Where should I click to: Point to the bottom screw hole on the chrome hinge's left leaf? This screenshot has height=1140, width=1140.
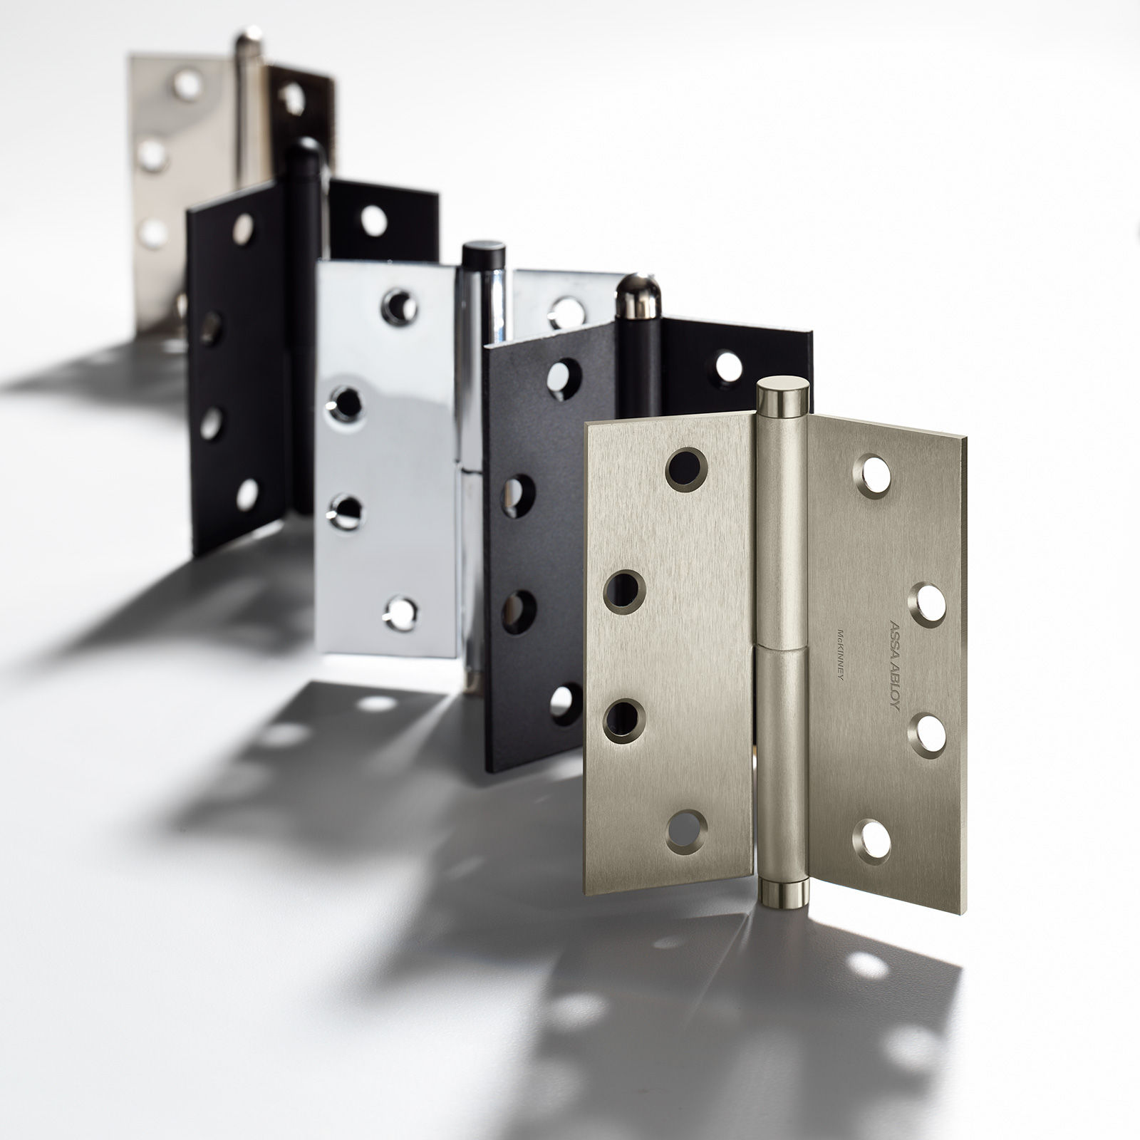(x=401, y=612)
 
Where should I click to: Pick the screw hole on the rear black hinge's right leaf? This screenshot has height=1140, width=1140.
(x=373, y=221)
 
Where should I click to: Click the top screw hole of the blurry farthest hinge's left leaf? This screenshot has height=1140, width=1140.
(x=187, y=85)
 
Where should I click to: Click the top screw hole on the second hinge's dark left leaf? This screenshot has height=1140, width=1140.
(x=563, y=378)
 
